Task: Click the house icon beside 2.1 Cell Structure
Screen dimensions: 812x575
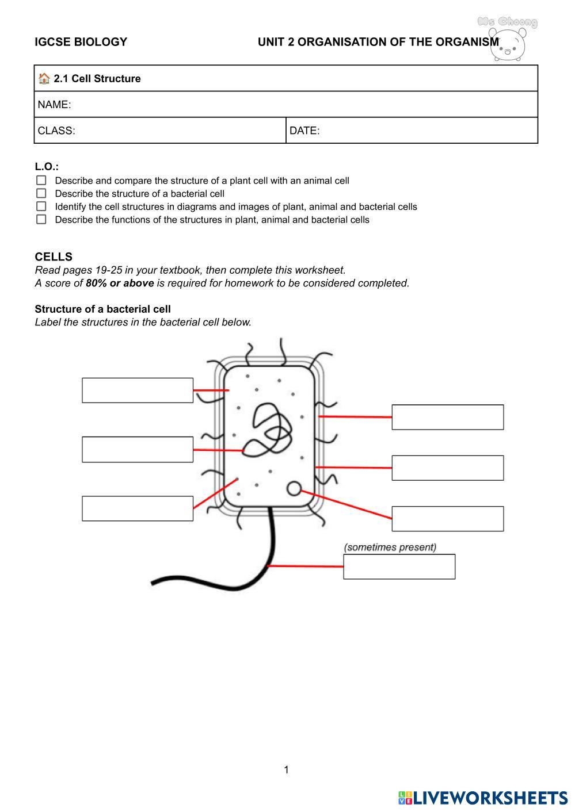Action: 44,78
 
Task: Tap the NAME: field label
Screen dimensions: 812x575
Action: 54,105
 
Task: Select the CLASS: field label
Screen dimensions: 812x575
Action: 56,131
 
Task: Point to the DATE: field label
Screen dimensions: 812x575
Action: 304,131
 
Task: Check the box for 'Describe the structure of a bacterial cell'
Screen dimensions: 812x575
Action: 41,193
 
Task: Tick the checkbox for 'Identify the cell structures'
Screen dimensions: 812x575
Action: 41,206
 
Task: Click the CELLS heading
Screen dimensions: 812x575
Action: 54,256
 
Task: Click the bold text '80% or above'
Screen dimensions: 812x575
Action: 120,283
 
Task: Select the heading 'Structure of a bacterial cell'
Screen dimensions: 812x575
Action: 102,309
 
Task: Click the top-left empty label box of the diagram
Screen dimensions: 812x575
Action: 138,390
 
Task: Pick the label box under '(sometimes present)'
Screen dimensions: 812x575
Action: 399,566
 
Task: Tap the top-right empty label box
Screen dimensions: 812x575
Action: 447,417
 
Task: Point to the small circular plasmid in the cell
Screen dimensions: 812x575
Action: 294,488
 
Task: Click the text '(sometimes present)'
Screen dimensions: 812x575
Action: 390,547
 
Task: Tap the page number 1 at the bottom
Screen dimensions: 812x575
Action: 287,769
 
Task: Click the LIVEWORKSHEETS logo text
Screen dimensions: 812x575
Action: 489,798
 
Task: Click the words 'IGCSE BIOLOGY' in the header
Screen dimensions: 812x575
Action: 81,42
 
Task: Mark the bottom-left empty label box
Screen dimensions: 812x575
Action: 138,508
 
